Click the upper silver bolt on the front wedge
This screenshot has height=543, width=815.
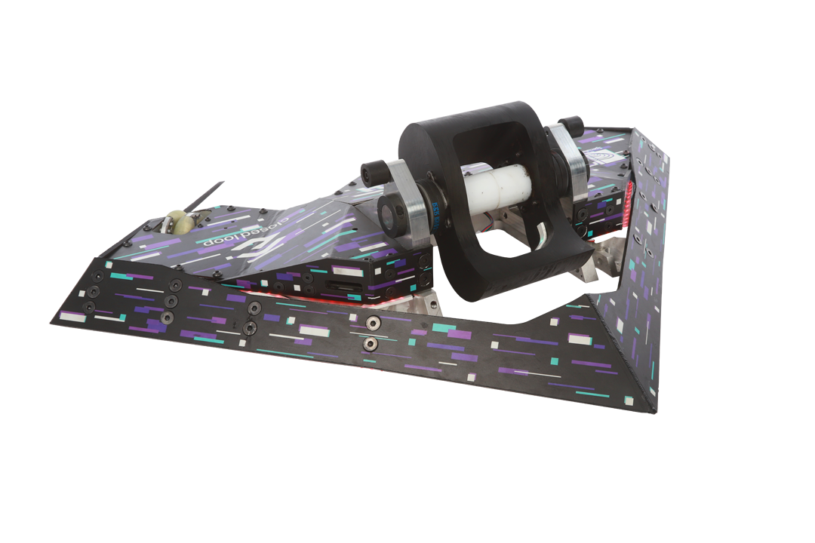click(371, 323)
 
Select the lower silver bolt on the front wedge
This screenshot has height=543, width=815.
click(371, 345)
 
